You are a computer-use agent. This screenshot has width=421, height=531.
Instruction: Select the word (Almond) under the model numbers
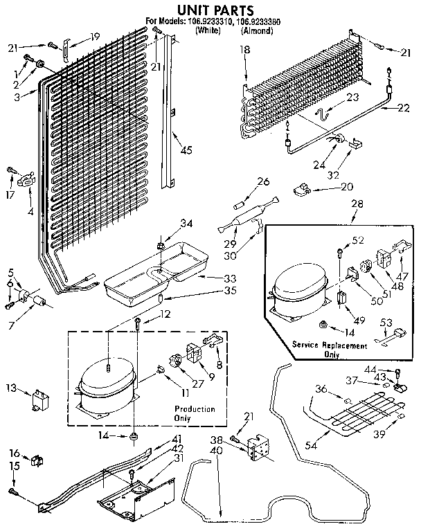click(x=257, y=31)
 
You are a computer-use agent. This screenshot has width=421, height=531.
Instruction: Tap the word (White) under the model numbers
click(x=208, y=31)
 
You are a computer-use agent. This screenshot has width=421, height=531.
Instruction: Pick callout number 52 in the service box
click(x=358, y=240)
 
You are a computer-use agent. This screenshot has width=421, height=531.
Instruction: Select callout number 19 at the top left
click(x=95, y=36)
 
